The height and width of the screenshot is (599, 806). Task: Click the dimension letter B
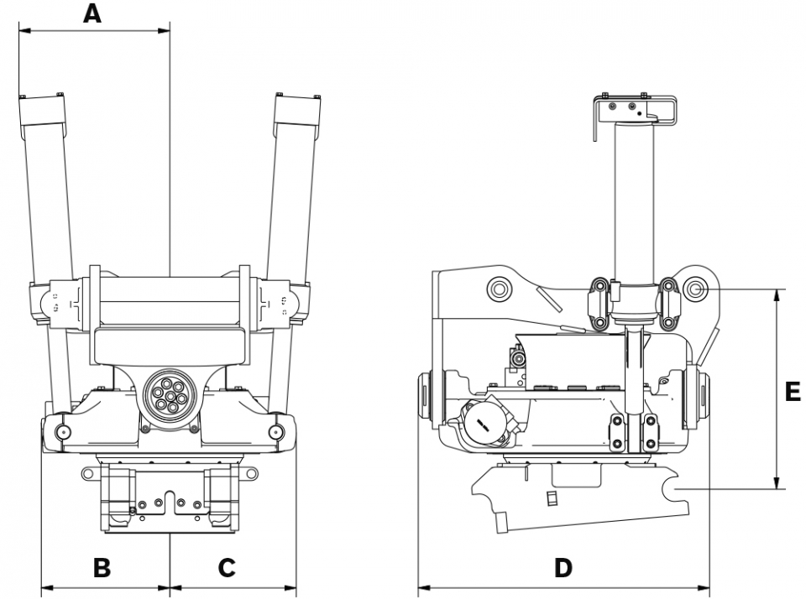(102, 567)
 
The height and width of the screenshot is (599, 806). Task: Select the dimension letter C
(227, 567)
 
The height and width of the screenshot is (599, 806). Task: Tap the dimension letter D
(563, 567)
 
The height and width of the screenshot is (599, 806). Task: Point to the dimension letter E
(792, 392)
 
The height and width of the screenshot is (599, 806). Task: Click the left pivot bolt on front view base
(62, 432)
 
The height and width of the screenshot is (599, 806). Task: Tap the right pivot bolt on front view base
(275, 432)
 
